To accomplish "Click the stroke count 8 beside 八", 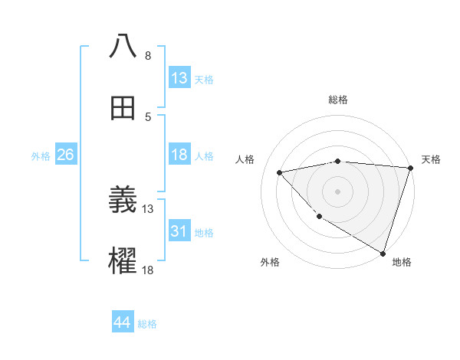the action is [x=147, y=56].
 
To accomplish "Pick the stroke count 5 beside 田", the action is [x=147, y=116].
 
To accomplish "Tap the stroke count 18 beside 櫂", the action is [x=148, y=270].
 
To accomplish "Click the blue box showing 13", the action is [x=179, y=78].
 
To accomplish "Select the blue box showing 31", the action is [x=179, y=231].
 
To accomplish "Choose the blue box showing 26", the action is [x=66, y=155].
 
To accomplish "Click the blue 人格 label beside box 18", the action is [x=204, y=155].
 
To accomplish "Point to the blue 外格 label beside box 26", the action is [x=41, y=155].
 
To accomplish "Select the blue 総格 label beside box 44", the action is [x=147, y=324].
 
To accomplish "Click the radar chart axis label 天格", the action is [x=431, y=159].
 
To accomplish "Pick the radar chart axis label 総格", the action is [x=338, y=100].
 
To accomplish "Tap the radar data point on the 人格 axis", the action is [x=280, y=172].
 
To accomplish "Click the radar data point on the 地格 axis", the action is [x=382, y=252].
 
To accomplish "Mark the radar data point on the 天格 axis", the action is [x=410, y=168].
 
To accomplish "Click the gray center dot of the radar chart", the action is [x=338, y=191].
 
